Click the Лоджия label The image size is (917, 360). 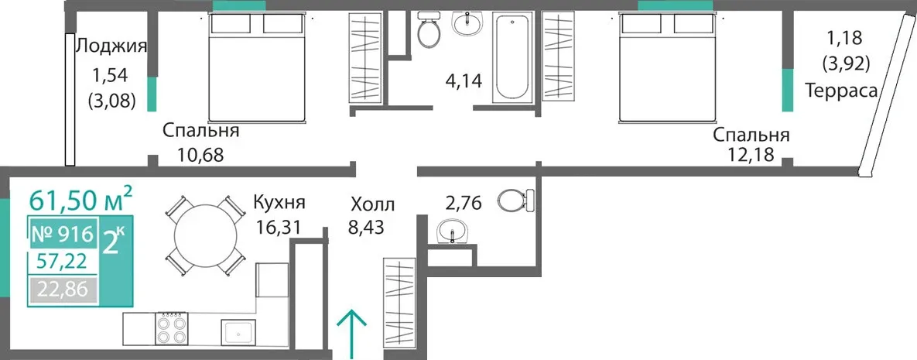[111, 46]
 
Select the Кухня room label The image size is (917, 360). [279, 203]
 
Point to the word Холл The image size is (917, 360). [372, 205]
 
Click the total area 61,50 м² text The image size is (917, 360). [80, 200]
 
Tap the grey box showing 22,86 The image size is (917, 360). [61, 290]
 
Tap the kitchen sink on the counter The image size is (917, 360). [238, 333]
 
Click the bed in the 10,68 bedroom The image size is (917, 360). [258, 67]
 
